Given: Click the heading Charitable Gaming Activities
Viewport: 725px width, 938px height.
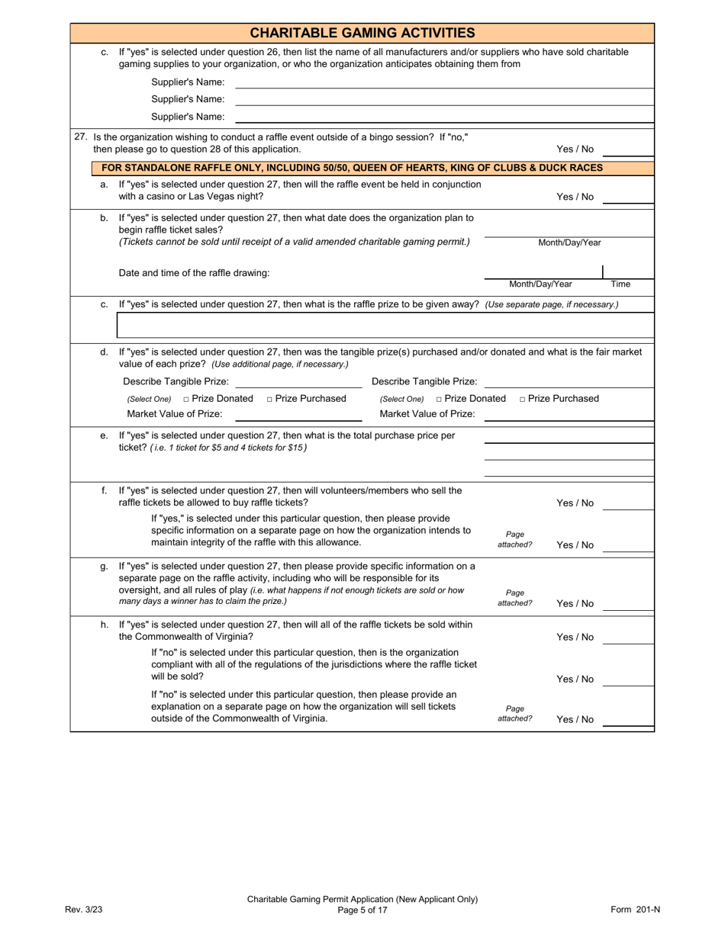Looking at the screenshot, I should tap(362, 33).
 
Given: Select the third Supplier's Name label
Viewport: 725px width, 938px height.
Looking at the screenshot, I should tap(188, 117).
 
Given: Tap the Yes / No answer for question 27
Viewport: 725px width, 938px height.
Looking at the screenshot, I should tap(575, 149).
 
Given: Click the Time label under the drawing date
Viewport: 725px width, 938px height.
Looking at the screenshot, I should tap(620, 284).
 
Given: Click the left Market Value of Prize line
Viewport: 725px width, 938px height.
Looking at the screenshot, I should tap(298, 419).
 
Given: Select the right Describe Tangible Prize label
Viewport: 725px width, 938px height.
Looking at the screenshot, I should tap(424, 381).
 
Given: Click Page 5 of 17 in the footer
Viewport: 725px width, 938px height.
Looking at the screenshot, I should tap(362, 909).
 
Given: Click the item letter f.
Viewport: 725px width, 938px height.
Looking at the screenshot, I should tap(105, 490).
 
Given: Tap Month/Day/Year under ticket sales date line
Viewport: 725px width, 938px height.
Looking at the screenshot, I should tap(569, 243).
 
